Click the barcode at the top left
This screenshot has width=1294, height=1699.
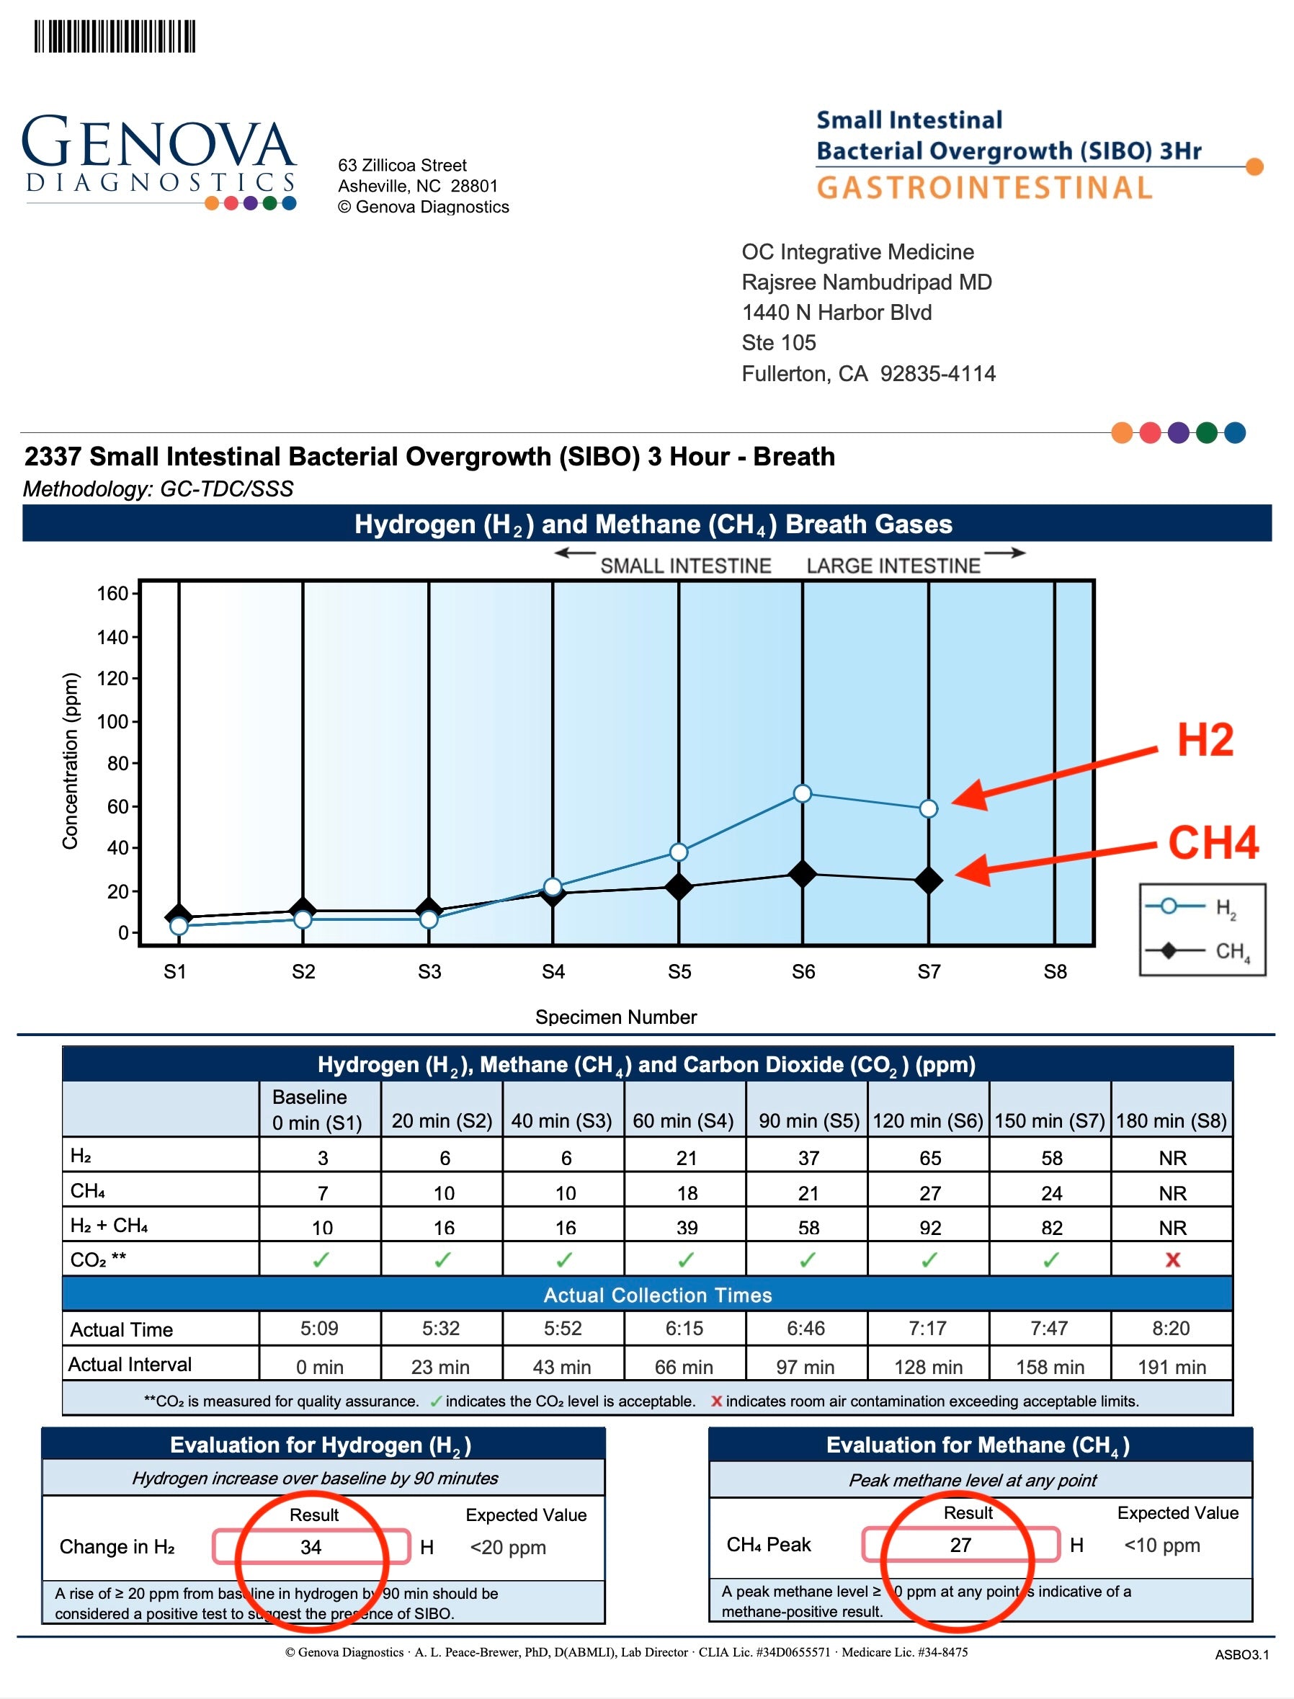(114, 36)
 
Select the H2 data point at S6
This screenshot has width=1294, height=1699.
(802, 793)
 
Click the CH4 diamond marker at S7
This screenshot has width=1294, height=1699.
(928, 880)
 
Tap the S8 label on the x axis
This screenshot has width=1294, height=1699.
(1055, 972)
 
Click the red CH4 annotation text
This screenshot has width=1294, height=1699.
(1213, 842)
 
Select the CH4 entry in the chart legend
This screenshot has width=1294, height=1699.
(1202, 951)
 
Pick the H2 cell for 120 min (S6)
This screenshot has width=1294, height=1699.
(929, 1158)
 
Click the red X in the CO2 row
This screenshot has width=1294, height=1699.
(1172, 1260)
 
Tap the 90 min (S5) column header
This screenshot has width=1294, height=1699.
(808, 1120)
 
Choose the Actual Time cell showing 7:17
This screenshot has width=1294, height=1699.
(927, 1328)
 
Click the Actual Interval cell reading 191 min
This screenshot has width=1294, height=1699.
(1172, 1367)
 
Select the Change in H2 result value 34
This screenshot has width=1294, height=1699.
(311, 1546)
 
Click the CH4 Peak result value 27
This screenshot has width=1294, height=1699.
(960, 1544)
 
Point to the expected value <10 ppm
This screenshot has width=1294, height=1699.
(1161, 1544)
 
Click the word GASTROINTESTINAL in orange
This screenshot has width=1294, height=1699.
(983, 188)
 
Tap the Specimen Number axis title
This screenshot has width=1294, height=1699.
(615, 1017)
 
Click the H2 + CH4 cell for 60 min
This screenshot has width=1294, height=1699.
(687, 1228)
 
